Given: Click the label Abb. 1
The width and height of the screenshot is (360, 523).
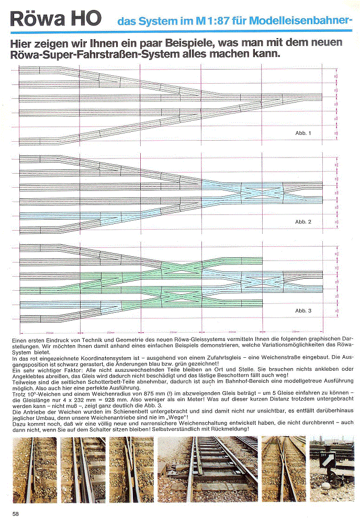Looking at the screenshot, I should pyautogui.click(x=303, y=133).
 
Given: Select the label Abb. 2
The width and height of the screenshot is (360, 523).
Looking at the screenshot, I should pyautogui.click(x=303, y=222).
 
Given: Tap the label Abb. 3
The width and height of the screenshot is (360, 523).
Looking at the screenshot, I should pyautogui.click(x=303, y=311).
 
